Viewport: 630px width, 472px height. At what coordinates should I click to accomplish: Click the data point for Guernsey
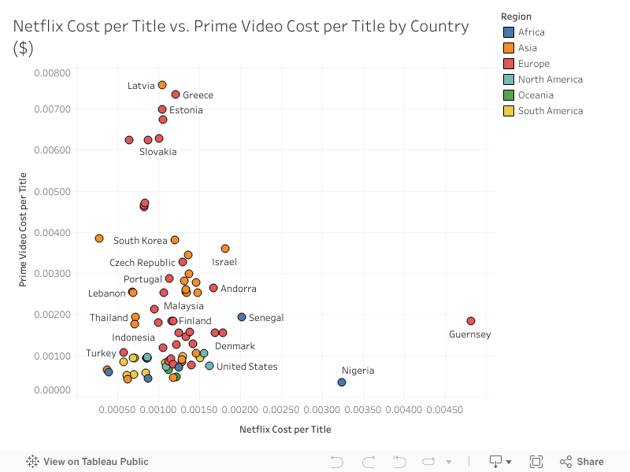(x=471, y=321)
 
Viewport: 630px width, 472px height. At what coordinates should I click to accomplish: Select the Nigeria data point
(x=342, y=382)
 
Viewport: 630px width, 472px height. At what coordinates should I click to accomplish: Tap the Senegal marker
(x=242, y=317)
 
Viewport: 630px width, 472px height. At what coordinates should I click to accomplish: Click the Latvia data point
(x=162, y=85)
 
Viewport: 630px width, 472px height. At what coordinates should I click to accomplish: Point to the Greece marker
(x=176, y=94)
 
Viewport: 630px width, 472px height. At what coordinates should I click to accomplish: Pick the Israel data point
(x=225, y=249)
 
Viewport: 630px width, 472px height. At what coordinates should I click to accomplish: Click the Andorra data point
(x=213, y=288)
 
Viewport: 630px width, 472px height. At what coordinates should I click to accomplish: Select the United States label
(x=246, y=367)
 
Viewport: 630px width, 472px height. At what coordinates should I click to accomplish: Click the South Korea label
(x=140, y=241)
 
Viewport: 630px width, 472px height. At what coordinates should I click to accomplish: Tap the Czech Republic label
(x=143, y=263)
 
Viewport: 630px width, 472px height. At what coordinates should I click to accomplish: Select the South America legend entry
(x=550, y=111)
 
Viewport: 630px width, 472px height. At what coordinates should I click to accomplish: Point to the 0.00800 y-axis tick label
(x=53, y=73)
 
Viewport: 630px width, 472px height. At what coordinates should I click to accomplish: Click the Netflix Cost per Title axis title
(x=285, y=430)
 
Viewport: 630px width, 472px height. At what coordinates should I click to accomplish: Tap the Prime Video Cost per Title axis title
(x=24, y=229)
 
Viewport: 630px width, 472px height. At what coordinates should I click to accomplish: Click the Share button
(x=582, y=462)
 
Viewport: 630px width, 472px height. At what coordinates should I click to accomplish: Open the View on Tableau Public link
(x=87, y=462)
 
